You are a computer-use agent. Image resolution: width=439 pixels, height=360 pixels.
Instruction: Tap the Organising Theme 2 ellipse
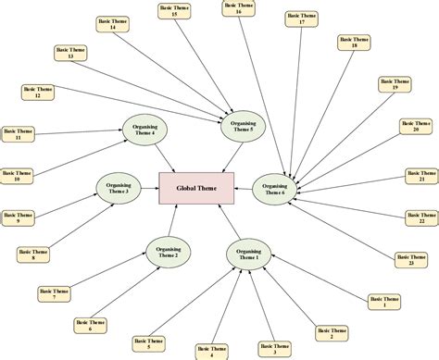click(x=168, y=251)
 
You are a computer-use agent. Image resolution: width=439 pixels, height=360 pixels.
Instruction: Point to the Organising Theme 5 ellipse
click(x=243, y=126)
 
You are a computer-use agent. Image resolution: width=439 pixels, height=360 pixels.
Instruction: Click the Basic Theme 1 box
click(x=385, y=302)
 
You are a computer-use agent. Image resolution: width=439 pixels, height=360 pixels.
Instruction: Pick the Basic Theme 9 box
click(x=18, y=218)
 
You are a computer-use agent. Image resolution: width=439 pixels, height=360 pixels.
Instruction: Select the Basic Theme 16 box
click(x=238, y=8)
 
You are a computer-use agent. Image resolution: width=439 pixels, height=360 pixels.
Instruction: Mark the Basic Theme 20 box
click(x=416, y=126)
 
